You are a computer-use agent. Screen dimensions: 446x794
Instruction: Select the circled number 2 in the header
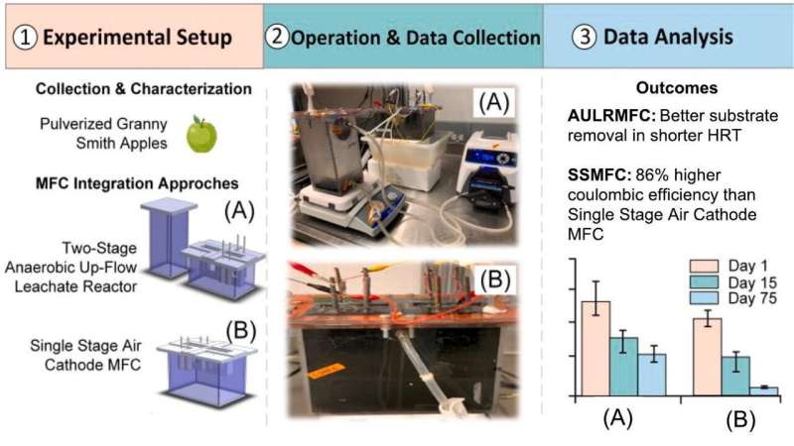click(x=277, y=38)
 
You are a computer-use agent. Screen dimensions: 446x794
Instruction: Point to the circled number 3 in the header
click(x=586, y=38)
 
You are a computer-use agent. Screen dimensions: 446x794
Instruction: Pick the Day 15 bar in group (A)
click(x=623, y=366)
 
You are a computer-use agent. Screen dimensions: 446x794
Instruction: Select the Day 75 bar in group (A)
click(x=652, y=374)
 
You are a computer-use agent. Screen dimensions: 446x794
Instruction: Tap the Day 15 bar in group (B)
click(x=735, y=375)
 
